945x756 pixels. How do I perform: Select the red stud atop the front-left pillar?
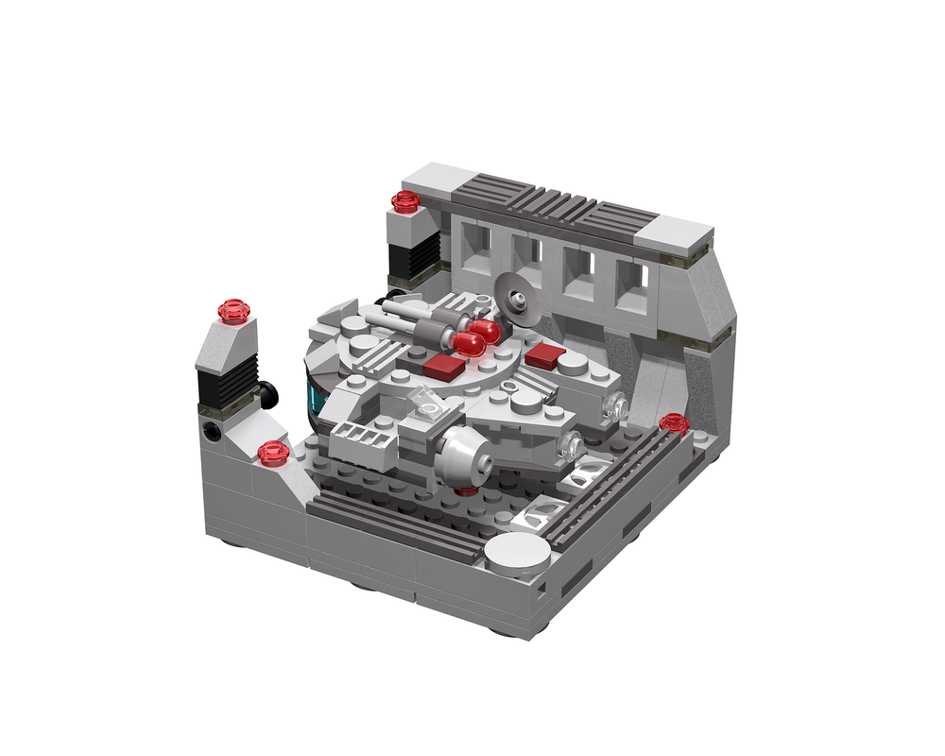tap(232, 310)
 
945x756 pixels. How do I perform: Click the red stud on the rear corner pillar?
tap(405, 200)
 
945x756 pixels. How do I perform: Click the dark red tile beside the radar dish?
tap(545, 356)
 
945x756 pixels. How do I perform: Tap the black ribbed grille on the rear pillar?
tap(421, 249)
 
